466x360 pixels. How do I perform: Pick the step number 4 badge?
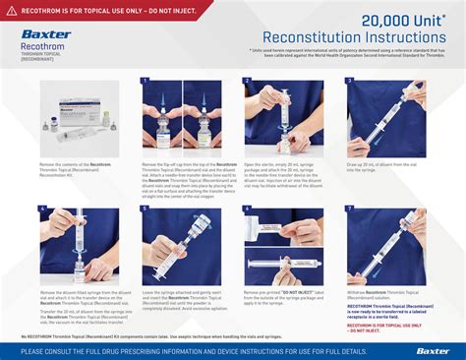[x=42, y=210]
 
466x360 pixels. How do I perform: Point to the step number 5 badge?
[x=145, y=210]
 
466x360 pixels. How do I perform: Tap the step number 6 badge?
[x=248, y=210]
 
